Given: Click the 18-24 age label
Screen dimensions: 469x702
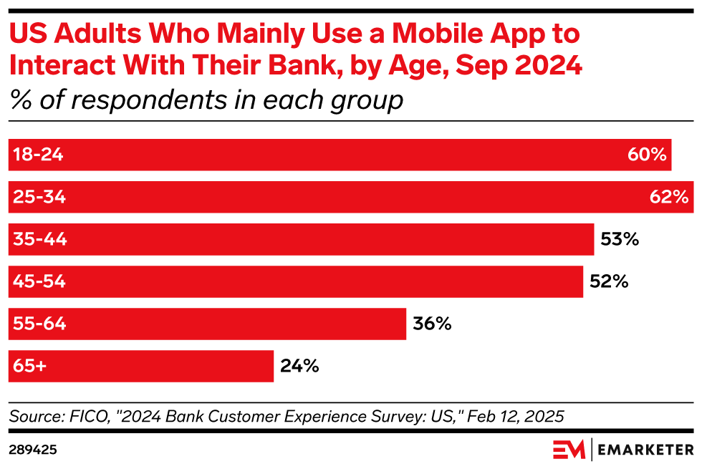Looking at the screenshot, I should (38, 155).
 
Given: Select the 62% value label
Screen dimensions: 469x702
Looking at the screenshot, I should (669, 197).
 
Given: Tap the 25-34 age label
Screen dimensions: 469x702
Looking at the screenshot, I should (39, 197).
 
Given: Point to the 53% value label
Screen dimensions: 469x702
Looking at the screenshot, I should (620, 239).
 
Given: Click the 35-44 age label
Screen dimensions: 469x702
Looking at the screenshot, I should (40, 239).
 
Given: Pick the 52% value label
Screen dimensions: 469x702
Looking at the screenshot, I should (609, 281).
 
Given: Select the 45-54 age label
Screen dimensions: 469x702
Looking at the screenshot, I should (39, 281).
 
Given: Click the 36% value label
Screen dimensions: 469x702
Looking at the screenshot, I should (432, 324).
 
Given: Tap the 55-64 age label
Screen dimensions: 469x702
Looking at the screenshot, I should (39, 324).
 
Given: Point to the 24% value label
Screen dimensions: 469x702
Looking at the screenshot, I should (299, 366).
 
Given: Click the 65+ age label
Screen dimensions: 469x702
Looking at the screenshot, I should (29, 366).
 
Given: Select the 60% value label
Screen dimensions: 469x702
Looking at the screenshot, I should (648, 155).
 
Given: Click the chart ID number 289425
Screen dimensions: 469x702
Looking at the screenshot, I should (33, 450).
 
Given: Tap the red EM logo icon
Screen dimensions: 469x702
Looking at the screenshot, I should (569, 450).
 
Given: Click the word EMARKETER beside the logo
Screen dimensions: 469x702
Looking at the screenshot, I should (645, 450).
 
